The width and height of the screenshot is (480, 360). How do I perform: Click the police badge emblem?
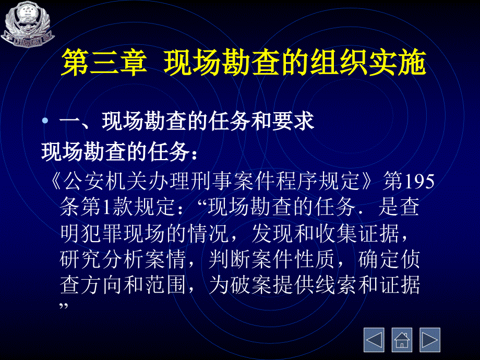click(28, 25)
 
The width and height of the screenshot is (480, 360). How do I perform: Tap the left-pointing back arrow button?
click(374, 340)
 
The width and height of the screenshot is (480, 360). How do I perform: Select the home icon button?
click(402, 340)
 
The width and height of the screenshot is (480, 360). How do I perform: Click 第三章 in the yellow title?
click(104, 63)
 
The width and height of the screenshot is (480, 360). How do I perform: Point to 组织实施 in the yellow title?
click(368, 63)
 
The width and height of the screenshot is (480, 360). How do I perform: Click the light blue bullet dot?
click(45, 121)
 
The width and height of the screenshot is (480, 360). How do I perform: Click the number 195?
click(419, 181)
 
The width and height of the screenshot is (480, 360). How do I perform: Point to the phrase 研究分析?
click(102, 259)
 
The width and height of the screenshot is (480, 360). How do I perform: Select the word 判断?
click(230, 259)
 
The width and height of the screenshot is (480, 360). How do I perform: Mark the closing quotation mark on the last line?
click(64, 306)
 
